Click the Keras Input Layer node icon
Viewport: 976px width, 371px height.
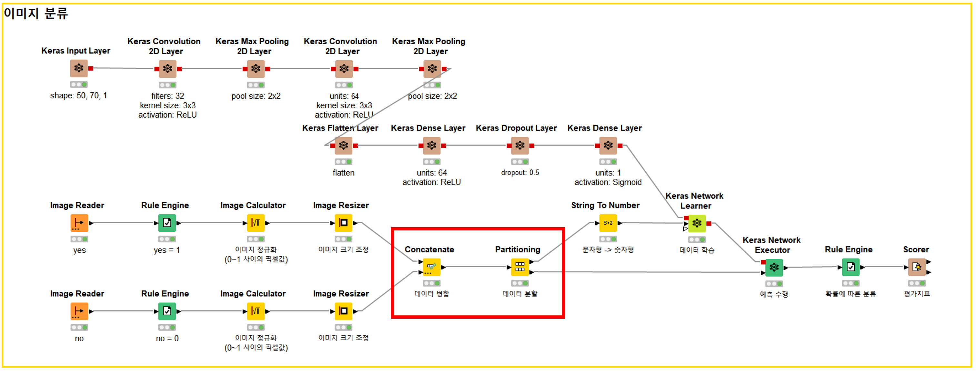click(79, 68)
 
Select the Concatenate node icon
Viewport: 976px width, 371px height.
click(432, 267)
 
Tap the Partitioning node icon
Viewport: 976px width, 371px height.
click(519, 267)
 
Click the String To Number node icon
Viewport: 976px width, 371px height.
click(608, 223)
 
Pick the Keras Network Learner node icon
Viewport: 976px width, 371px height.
click(696, 223)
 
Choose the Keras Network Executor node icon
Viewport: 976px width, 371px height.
click(774, 268)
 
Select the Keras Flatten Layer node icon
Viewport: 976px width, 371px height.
click(343, 145)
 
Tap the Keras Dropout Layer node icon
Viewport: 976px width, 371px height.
click(520, 145)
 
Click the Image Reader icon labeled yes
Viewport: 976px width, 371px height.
click(79, 223)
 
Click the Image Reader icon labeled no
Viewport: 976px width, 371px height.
click(79, 312)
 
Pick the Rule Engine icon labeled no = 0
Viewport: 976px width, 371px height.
click(167, 312)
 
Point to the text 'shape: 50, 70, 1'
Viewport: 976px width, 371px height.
click(78, 96)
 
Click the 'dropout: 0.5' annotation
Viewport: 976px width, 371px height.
click(520, 173)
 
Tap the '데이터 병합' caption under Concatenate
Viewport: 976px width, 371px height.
click(432, 294)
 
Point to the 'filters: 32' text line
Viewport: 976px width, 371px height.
click(167, 96)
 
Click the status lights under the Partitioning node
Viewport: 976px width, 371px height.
click(519, 283)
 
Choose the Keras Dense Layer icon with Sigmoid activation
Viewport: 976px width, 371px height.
click(608, 145)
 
